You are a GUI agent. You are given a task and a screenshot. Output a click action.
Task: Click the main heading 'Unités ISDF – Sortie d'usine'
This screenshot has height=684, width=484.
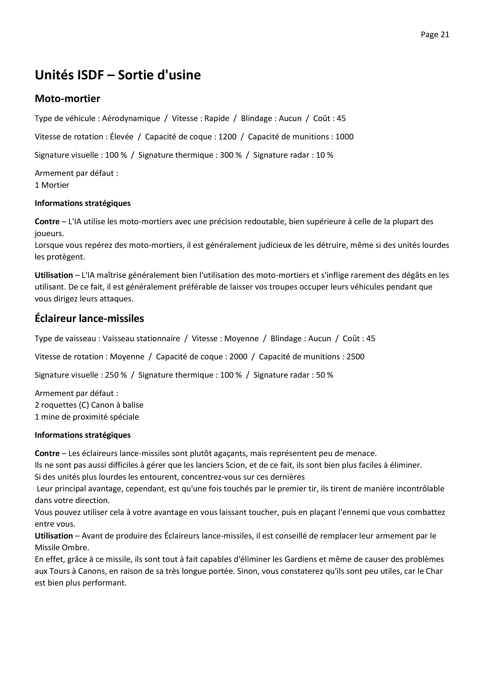pos(118,75)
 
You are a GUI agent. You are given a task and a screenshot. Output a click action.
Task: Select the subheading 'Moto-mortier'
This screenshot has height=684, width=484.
pos(67,99)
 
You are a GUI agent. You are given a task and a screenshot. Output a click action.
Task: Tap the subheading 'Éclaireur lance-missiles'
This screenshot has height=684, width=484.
pos(89,318)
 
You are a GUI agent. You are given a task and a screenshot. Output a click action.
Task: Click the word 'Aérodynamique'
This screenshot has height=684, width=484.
pos(131,119)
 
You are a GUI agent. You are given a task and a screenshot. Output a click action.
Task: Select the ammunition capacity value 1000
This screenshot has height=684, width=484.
pos(344,137)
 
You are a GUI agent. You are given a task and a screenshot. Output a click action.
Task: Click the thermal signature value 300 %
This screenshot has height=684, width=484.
pos(231,155)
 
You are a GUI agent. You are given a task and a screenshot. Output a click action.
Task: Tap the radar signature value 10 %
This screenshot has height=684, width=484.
pos(324,155)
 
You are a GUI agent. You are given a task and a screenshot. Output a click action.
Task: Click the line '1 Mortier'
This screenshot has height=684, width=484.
pos(52,185)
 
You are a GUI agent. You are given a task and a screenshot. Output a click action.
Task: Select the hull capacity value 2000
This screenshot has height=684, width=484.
pos(238,357)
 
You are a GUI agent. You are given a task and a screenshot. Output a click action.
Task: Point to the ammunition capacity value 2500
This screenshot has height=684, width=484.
pos(355,357)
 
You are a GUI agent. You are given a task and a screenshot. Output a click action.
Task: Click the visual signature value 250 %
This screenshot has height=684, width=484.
pos(116,375)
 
